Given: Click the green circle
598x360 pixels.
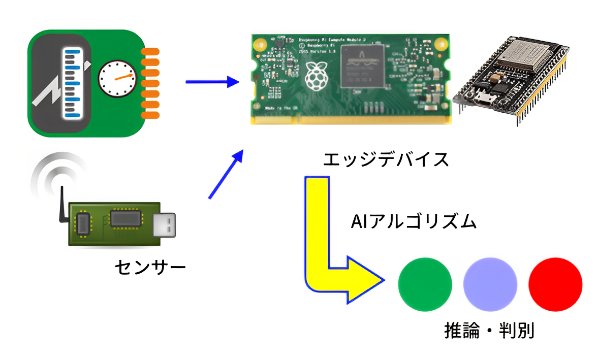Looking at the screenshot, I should [x=425, y=284].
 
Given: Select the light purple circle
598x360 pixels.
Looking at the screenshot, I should [x=490, y=284].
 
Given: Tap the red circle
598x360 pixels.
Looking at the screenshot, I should [x=555, y=284].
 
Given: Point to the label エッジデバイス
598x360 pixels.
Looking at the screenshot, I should [x=386, y=159].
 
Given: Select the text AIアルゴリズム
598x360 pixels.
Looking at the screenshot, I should [x=414, y=222].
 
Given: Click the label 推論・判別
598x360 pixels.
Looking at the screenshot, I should [x=489, y=331].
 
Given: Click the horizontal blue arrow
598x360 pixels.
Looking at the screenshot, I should [x=212, y=81].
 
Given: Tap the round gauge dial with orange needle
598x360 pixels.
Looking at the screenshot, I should [x=117, y=79].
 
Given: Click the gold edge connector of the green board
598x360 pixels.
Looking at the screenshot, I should [x=351, y=119].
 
